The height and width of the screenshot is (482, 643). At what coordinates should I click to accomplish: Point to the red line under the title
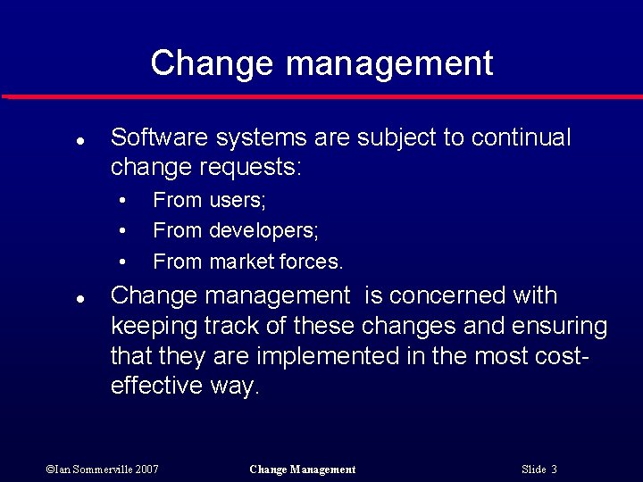coord(321,96)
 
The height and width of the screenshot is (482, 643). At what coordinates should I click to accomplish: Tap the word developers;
coord(263,231)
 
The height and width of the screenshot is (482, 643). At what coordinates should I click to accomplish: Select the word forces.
coord(311,262)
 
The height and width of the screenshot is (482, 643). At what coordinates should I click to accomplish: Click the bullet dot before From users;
coord(123,200)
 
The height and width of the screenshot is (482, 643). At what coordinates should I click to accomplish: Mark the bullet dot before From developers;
coord(123,231)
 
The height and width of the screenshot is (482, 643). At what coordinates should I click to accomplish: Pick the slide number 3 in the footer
coord(554,470)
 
